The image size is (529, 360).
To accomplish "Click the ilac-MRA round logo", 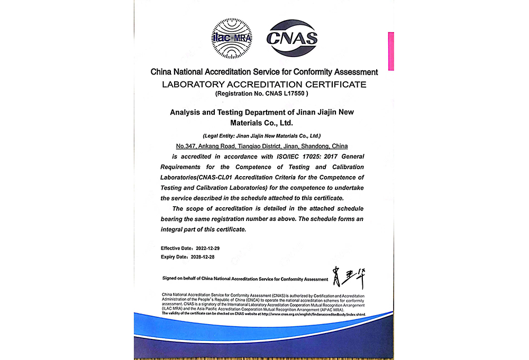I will tap(232, 38).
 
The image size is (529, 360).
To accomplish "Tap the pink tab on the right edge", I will tap(391, 51).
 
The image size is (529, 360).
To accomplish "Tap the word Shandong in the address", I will tap(314, 145).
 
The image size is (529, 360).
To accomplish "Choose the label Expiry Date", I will tap(174, 257).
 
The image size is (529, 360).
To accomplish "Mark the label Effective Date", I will tap(176, 248).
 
